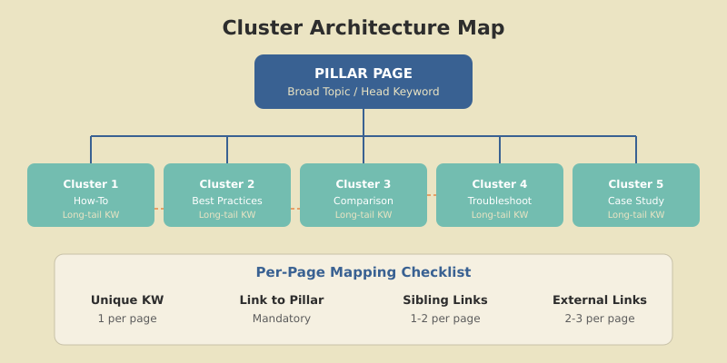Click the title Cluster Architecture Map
363,28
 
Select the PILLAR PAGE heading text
363,74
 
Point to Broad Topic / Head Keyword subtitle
363,92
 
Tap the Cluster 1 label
91,184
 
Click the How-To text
91,201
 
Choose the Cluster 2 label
227,184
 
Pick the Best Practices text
227,201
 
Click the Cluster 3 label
363,184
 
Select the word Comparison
363,201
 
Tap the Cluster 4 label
500,184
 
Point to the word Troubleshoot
500,201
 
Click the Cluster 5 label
636,184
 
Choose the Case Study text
636,201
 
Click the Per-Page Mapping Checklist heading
363,272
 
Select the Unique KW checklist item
127,300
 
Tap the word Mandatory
282,319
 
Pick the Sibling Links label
445,300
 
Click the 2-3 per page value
600,319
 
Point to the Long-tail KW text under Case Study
636,215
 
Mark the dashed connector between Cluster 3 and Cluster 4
432,195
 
